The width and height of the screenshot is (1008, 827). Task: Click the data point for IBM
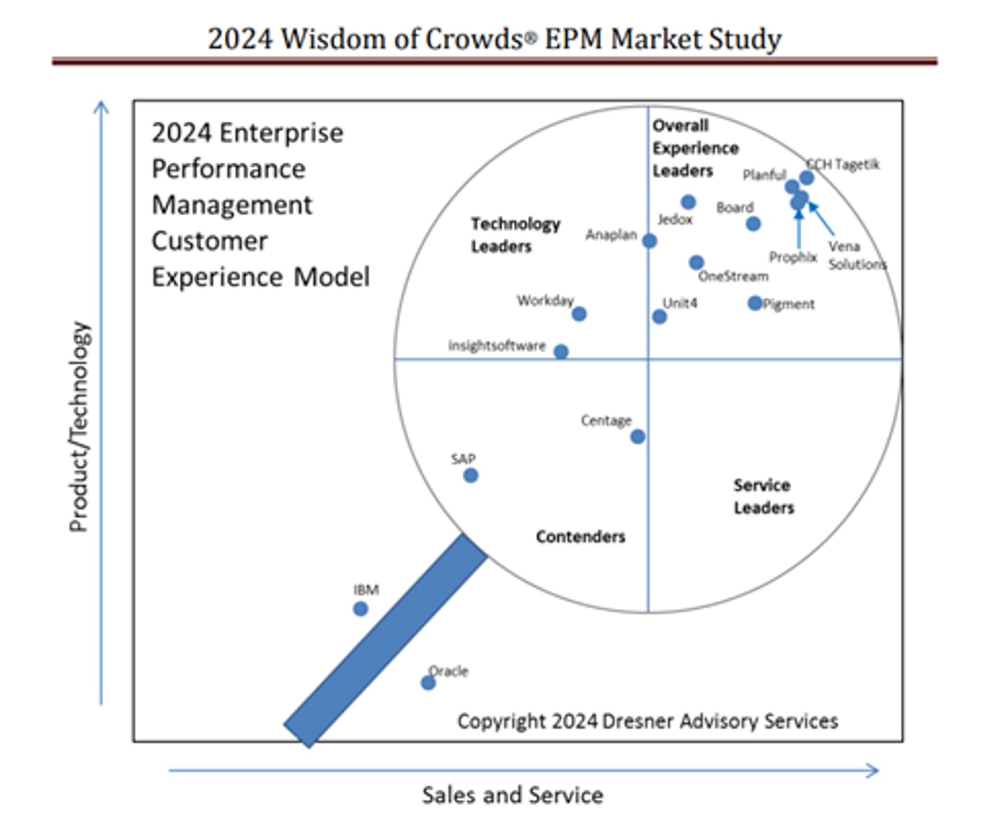(361, 609)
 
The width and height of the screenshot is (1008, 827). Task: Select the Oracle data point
(428, 682)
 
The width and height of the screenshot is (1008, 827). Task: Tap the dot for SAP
(470, 475)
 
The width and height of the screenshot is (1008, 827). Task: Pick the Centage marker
(637, 436)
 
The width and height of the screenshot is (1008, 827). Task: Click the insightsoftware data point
(561, 351)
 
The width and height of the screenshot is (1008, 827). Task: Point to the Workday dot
(579, 314)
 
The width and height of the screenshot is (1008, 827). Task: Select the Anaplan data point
(649, 240)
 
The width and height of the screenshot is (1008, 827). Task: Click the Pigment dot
(755, 303)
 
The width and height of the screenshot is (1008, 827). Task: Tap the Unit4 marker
(660, 317)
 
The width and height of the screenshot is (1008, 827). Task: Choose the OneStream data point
(696, 262)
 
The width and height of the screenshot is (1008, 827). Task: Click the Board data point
(753, 224)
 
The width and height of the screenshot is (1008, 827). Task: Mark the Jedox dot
(688, 202)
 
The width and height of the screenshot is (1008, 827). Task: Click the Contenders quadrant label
(580, 536)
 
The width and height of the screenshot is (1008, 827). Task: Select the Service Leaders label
(763, 496)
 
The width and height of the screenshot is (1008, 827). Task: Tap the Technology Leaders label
(515, 235)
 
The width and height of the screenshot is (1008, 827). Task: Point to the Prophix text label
(793, 257)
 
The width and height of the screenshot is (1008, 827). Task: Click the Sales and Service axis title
(512, 795)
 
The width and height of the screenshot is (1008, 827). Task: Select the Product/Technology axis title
(79, 426)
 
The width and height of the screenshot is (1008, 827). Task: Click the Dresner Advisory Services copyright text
(647, 720)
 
